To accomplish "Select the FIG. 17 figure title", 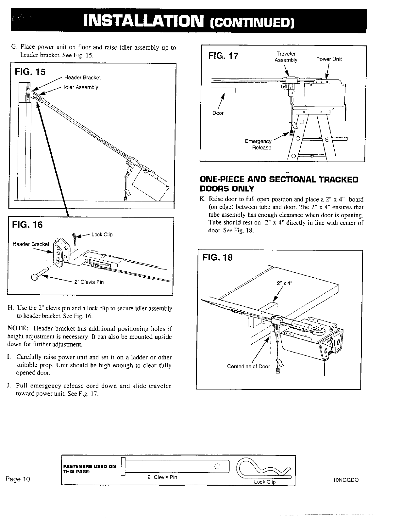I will coord(223,56).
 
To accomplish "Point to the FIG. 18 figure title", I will coord(218,258).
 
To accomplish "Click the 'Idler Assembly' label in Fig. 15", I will coord(81,87).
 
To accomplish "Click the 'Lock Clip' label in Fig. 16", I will coord(102,234).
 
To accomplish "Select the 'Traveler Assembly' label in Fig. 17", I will coord(286,57).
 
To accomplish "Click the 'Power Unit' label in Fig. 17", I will coord(329,59).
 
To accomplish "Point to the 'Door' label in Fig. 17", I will coord(218,113).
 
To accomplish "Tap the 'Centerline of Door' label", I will coord(248,366).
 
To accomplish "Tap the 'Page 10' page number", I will coord(17,479).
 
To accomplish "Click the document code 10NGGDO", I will coord(346,480).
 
